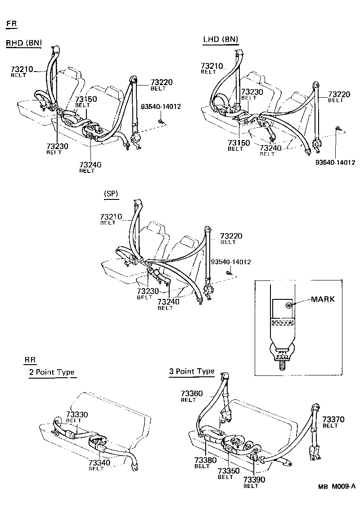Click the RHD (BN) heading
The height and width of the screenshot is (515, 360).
point(23,43)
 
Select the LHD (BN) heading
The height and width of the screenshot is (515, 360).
point(220,40)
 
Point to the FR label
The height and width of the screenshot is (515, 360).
point(12,23)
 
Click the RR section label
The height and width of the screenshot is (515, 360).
point(30,360)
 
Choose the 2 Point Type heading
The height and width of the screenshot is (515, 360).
point(51,373)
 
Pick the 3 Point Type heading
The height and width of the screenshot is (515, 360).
point(192,371)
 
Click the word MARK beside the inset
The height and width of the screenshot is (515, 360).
point(323,299)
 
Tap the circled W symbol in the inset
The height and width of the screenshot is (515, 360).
point(288,305)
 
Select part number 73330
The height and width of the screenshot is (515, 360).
point(77,414)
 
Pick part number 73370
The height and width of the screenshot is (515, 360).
point(333,419)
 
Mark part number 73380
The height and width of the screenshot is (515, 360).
point(205,460)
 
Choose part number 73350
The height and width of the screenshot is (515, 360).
point(229,471)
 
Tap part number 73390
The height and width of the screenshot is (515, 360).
point(254,480)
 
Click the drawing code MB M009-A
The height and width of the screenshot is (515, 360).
point(337,486)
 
